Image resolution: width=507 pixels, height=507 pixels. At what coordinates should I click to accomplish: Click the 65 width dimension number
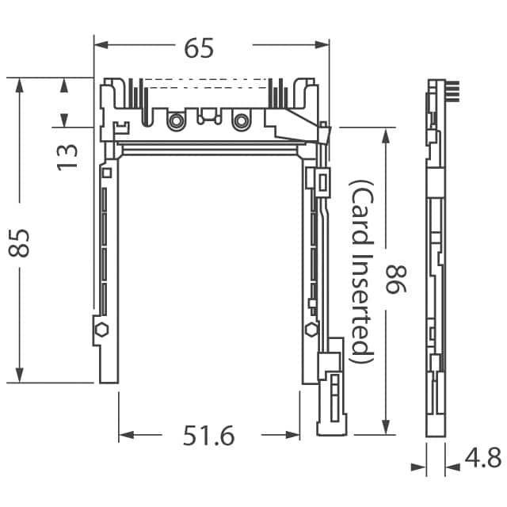click(199, 48)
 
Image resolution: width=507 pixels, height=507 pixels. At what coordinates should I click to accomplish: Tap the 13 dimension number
click(67, 154)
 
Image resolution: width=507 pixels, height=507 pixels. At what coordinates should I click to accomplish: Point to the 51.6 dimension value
click(209, 436)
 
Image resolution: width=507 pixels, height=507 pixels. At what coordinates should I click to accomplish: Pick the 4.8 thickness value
click(482, 458)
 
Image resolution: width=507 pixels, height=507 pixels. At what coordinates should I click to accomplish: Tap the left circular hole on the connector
click(175, 120)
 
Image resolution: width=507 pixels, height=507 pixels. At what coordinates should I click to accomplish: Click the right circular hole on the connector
click(240, 120)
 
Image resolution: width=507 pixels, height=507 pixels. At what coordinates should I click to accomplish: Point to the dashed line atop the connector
click(210, 79)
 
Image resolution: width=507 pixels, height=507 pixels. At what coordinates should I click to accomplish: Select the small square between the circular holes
click(208, 117)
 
